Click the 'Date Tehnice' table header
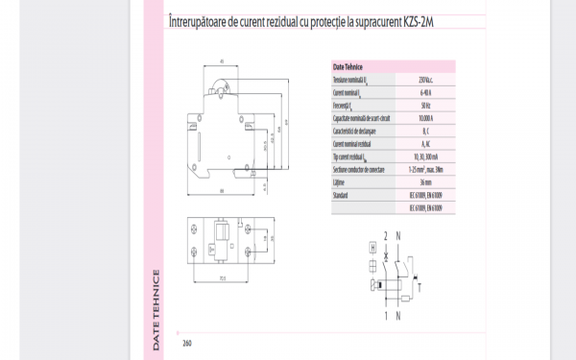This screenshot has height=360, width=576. click(x=347, y=67)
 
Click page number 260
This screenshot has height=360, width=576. click(x=187, y=343)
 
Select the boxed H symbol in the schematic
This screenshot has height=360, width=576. click(x=373, y=246)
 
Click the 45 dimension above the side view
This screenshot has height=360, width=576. click(x=223, y=60)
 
